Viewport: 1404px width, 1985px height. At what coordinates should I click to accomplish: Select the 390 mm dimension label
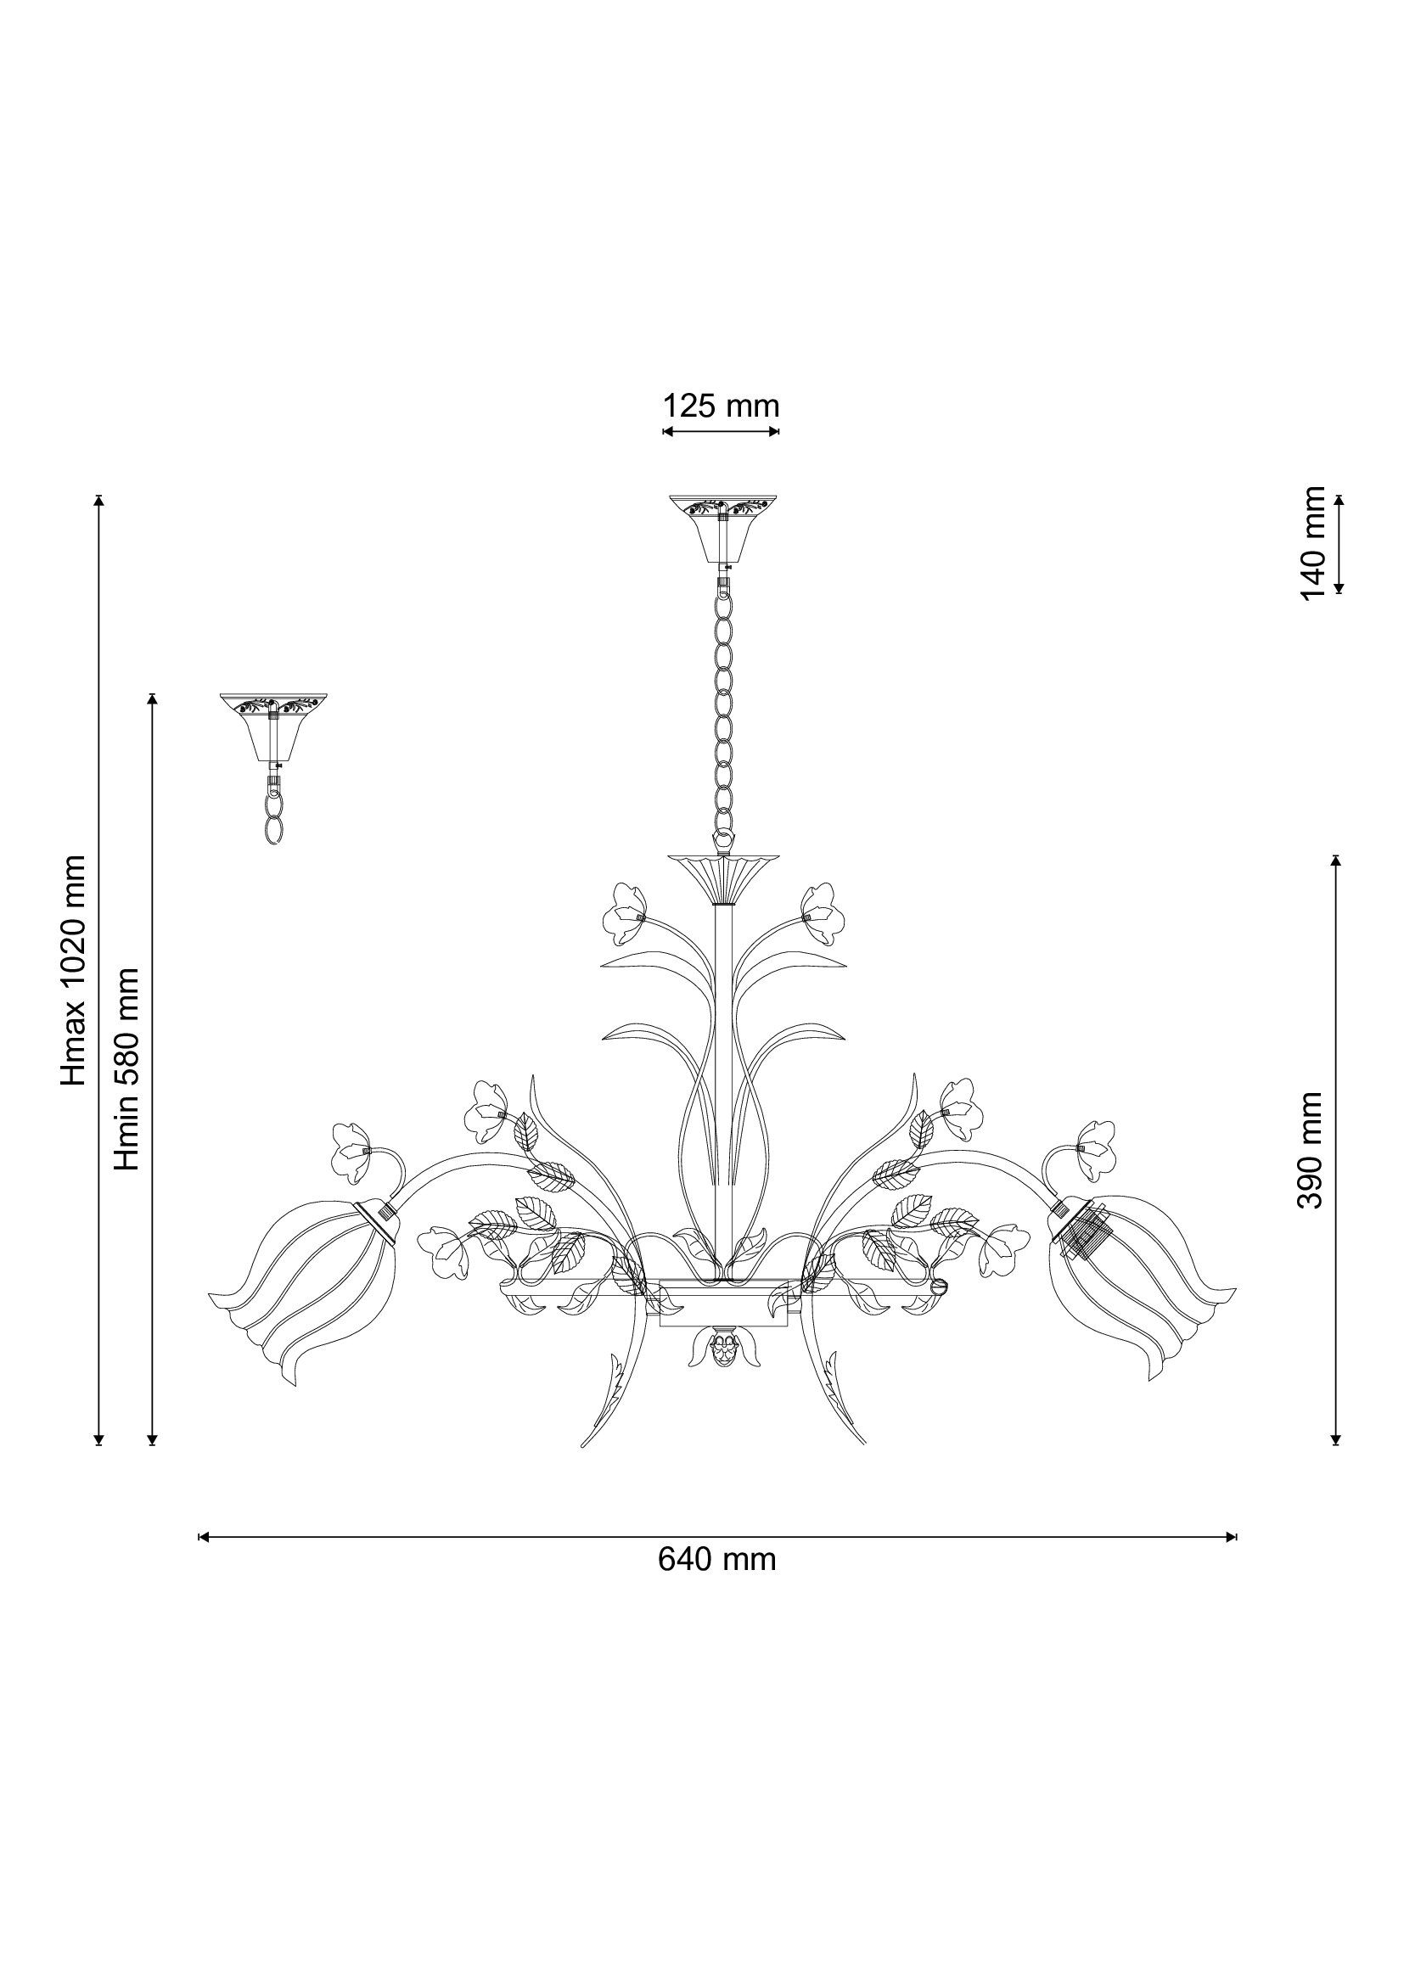(1311, 1150)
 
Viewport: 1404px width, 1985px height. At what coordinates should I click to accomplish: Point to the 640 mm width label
(716, 1560)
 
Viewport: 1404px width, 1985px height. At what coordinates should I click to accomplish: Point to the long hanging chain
(722, 709)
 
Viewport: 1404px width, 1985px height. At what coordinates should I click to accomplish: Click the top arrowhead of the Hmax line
(99, 499)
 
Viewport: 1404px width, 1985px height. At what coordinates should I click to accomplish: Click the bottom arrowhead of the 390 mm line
(1337, 1440)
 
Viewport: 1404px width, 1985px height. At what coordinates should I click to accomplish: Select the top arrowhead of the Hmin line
(153, 697)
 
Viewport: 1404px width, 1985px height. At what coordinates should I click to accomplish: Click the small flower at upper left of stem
(623, 911)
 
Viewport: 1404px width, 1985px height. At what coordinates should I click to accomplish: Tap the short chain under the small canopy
(274, 809)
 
